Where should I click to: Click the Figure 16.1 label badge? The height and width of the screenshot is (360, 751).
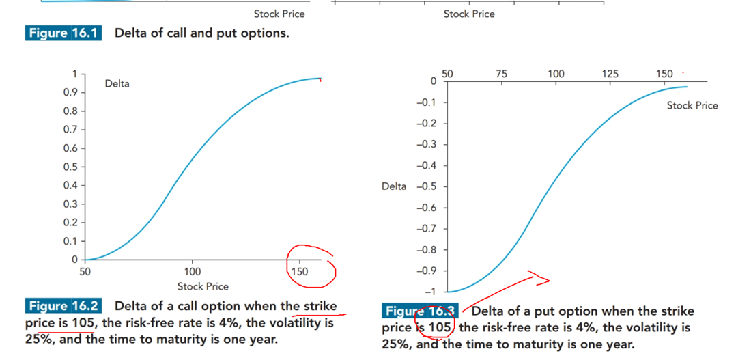pyautogui.click(x=63, y=33)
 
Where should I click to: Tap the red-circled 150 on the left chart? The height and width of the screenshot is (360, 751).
pyautogui.click(x=299, y=271)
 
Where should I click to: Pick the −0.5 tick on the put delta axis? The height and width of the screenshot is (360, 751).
pyautogui.click(x=425, y=186)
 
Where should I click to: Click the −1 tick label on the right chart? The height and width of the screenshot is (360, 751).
pyautogui.click(x=428, y=292)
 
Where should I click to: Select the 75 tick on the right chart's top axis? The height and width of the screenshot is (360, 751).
pyautogui.click(x=501, y=74)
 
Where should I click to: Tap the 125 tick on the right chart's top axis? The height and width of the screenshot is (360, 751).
pyautogui.click(x=610, y=74)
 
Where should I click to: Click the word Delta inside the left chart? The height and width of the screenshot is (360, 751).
pyautogui.click(x=117, y=83)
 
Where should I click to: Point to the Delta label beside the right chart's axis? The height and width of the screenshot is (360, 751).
pyautogui.click(x=394, y=186)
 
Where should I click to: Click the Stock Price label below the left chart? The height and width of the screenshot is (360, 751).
pyautogui.click(x=203, y=286)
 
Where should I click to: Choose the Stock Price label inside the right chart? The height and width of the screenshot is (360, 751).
pyautogui.click(x=692, y=105)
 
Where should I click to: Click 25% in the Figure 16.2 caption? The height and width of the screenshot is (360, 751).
pyautogui.click(x=37, y=338)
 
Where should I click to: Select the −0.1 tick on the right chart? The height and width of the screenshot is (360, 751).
pyautogui.click(x=425, y=102)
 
